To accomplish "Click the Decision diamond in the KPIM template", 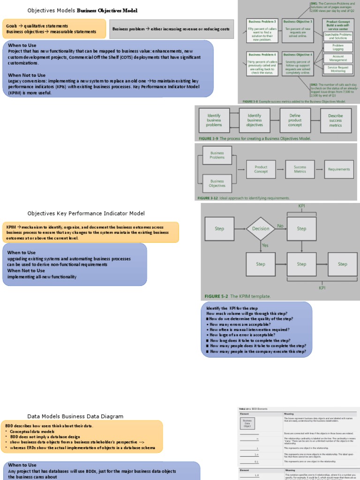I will (261, 229).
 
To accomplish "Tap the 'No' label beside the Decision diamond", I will (280, 225).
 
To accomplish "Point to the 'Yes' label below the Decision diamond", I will (265, 245).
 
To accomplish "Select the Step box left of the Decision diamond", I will (219, 229).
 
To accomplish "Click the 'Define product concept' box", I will (295, 120).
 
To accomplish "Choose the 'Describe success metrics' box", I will (336, 120).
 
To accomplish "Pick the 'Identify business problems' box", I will (214, 120).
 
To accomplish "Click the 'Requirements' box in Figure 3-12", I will (339, 169).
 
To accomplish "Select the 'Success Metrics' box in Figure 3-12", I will (300, 169).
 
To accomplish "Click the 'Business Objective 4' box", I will (297, 64).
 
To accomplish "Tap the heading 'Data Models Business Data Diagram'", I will (75, 416).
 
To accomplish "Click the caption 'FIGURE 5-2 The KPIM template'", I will (237, 296).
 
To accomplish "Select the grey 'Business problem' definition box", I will (171, 29).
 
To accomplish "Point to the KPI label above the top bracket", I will (301, 206).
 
